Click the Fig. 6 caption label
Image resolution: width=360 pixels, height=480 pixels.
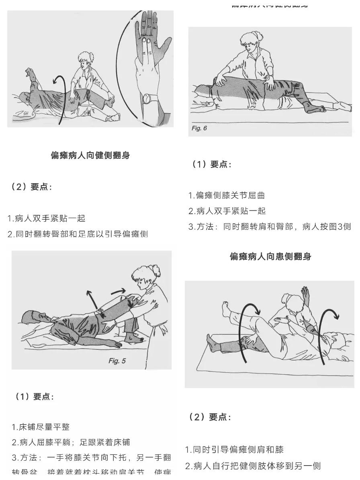[199, 128]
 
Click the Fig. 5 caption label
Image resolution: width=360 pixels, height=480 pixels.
[117, 361]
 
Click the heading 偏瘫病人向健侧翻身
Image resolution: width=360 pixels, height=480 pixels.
[90, 155]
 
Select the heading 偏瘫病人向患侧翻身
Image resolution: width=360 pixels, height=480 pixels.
[270, 256]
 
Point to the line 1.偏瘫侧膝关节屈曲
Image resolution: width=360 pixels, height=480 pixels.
[227, 196]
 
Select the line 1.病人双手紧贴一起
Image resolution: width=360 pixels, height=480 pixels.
[47, 219]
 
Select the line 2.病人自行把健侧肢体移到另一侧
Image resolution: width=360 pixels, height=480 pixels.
[253, 466]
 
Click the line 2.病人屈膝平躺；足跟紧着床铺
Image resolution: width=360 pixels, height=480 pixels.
[71, 442]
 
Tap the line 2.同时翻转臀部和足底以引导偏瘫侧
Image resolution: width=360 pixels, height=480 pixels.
[78, 234]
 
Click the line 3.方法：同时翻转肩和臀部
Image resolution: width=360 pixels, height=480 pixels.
[269, 227]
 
